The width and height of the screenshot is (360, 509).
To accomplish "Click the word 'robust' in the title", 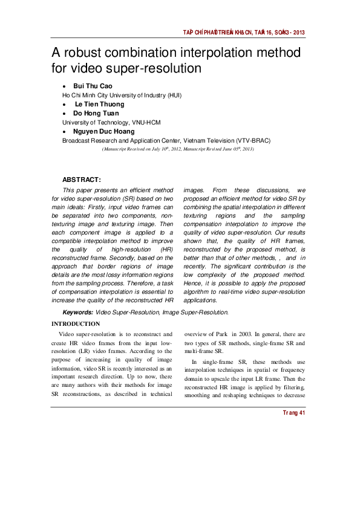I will (87, 53).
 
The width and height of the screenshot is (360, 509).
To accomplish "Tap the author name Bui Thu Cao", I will (93, 86).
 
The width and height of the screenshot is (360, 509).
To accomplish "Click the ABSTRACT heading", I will (82, 180).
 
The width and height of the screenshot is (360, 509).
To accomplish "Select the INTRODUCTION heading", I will (76, 324).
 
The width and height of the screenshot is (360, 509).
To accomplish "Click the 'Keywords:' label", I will (78, 312).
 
